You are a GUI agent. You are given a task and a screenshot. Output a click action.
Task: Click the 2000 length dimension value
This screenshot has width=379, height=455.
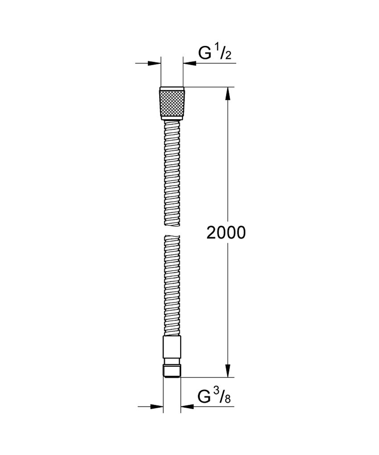pos(226,232)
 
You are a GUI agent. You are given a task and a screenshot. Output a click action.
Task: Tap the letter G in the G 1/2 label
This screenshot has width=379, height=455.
pos(205,53)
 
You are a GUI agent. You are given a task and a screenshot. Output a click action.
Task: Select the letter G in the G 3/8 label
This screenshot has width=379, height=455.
pos(204,395)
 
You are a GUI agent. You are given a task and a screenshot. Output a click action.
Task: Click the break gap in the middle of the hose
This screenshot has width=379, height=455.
pos(171,230)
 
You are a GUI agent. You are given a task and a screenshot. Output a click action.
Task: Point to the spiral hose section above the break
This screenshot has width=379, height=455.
pos(171,174)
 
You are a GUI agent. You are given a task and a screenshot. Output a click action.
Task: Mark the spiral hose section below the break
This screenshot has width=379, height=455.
pos(171,285)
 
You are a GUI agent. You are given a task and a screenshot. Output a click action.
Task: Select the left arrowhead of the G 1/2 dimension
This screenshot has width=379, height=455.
pos(154,63)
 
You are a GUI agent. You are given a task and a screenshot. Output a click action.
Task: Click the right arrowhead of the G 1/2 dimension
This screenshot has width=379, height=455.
pos(189,63)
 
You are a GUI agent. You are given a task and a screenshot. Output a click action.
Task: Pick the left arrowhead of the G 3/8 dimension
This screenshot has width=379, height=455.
pos(156,406)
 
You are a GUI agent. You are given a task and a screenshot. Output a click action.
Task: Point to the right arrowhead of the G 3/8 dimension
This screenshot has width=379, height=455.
pos(186,406)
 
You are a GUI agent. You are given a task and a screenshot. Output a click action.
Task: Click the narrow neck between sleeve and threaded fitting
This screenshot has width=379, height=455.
pos(171,361)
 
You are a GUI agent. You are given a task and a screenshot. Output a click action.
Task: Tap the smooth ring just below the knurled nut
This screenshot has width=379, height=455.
pos(171,118)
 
